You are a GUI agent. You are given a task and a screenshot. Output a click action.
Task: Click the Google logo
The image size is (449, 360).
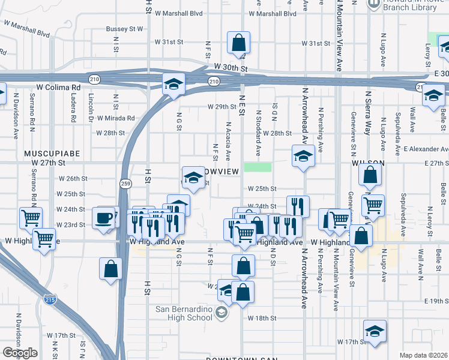[x=20, y=353]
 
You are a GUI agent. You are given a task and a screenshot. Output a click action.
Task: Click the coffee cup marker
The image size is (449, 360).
[x=104, y=219]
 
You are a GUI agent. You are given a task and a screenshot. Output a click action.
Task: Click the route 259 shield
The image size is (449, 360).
[x=125, y=184]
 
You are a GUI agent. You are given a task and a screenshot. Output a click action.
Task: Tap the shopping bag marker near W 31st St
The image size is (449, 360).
[x=238, y=44]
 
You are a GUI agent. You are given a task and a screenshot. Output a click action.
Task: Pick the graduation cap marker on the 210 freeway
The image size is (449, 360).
[x=173, y=84]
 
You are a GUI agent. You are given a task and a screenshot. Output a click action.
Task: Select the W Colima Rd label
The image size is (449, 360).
[x=58, y=87]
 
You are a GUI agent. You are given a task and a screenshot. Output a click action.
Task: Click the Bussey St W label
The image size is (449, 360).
[x=125, y=28]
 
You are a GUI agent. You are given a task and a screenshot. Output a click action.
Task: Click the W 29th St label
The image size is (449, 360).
[x=221, y=106]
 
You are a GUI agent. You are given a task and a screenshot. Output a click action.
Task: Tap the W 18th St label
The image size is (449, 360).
[x=262, y=318]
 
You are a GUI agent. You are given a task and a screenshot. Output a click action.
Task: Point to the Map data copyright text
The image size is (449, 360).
[x=423, y=355]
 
